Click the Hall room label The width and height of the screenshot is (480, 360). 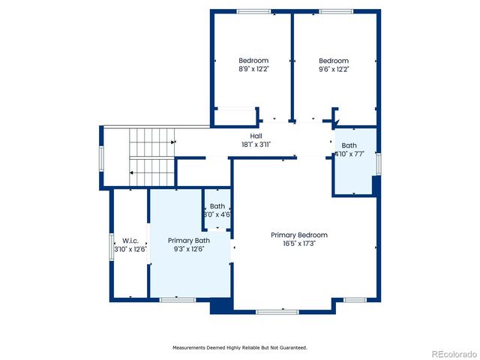pyautogui.click(x=256, y=136)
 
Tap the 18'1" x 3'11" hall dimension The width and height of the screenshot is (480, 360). pyautogui.click(x=256, y=144)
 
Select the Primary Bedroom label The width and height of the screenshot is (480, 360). pyautogui.click(x=299, y=235)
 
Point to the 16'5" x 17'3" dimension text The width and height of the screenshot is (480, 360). pyautogui.click(x=299, y=244)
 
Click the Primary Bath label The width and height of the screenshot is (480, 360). pyautogui.click(x=188, y=240)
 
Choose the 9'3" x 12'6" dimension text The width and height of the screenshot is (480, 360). pyautogui.click(x=188, y=249)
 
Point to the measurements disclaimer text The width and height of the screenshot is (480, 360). pyautogui.click(x=240, y=347)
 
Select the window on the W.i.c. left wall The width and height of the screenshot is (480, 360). pyautogui.click(x=111, y=247)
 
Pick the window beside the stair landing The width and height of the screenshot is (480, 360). pyautogui.click(x=101, y=157)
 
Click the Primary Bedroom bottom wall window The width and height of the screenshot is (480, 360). pyautogui.click(x=277, y=311)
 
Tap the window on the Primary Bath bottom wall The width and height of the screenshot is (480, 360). pyautogui.click(x=178, y=300)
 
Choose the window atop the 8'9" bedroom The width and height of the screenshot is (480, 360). pyautogui.click(x=253, y=11)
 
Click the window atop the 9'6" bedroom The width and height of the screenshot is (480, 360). pyautogui.click(x=334, y=11)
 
